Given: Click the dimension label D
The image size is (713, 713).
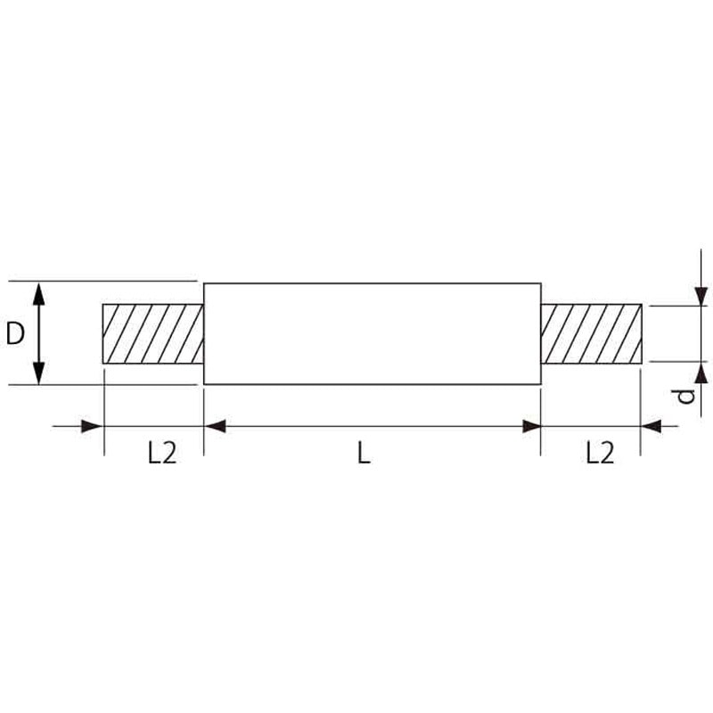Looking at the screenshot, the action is [x=15, y=333].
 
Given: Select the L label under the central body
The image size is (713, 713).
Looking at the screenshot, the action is [x=364, y=453].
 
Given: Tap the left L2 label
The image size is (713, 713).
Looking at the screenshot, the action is [x=162, y=453].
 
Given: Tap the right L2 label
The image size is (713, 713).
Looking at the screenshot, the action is [x=600, y=453].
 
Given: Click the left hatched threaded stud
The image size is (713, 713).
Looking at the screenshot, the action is [x=153, y=333].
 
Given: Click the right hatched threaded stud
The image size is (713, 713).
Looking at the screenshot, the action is [x=592, y=333].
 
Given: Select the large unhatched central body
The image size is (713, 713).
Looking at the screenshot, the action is [x=373, y=333].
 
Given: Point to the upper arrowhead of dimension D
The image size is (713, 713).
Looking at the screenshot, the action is [x=39, y=292].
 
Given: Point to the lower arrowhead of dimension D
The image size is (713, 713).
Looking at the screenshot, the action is [x=39, y=373].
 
